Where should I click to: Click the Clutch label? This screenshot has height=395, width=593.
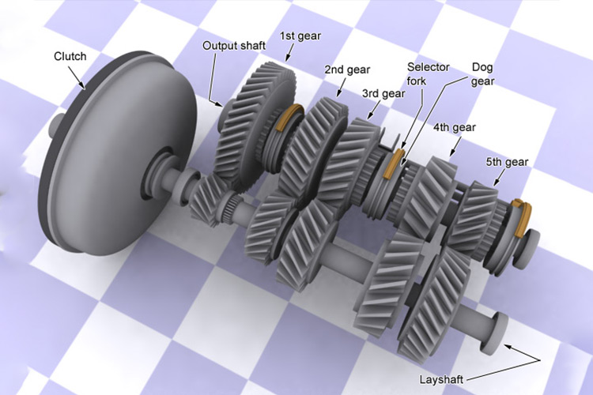(70, 56)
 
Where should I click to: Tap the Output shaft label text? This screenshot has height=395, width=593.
(234, 46)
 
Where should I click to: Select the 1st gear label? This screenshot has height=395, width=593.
(300, 36)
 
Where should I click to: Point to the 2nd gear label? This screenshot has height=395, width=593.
(347, 70)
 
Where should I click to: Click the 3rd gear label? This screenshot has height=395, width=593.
(383, 93)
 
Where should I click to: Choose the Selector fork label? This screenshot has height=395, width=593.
(428, 74)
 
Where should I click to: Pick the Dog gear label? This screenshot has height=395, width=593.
(483, 74)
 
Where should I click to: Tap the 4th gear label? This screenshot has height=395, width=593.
(454, 128)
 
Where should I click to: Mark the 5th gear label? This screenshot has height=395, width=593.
(507, 162)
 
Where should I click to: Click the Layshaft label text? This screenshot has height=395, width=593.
(441, 379)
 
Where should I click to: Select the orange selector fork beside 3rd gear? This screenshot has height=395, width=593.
(393, 164)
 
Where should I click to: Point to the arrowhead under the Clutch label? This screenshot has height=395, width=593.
(82, 86)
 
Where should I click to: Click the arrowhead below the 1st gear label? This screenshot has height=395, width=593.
(287, 58)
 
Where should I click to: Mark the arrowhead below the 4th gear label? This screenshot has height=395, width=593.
(451, 152)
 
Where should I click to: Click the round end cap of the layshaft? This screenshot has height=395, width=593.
(495, 333)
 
